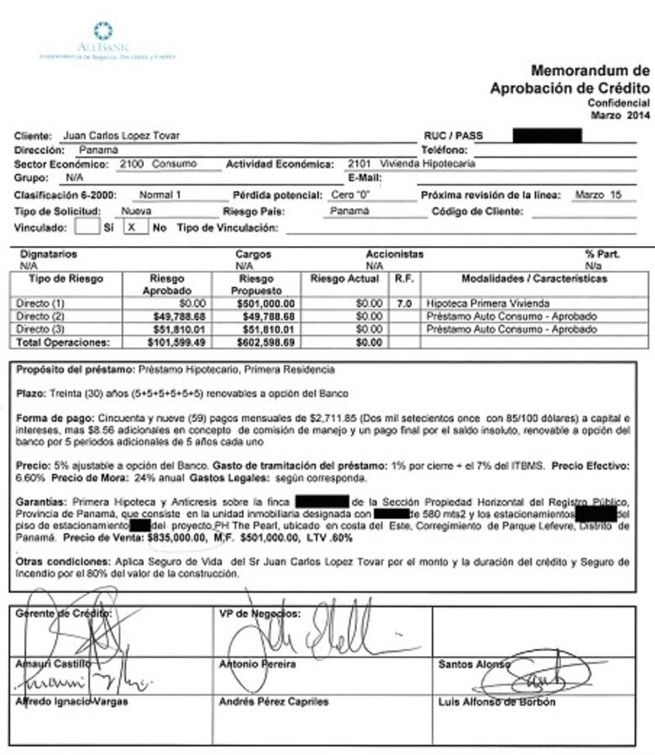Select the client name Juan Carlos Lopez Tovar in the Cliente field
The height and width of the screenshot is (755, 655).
121,136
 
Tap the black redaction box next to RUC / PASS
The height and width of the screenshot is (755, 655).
547,135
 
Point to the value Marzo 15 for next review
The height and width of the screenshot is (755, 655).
599,195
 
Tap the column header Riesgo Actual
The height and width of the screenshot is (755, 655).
344,279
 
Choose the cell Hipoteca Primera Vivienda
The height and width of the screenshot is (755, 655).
476,302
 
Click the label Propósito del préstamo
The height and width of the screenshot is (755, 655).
76,370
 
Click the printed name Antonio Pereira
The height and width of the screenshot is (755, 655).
257,664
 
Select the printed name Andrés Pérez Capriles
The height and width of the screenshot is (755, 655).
274,701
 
